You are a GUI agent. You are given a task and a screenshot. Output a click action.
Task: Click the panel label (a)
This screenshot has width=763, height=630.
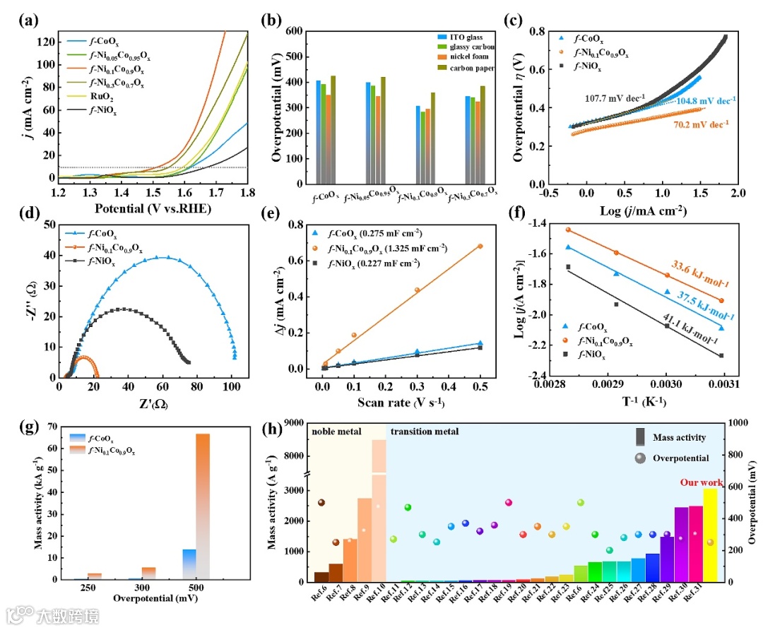[29, 19]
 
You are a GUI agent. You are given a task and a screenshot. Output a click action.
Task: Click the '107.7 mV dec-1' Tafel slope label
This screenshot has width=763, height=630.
[614, 98]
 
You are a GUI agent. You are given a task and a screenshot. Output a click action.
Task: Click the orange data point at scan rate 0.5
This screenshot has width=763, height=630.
[480, 246]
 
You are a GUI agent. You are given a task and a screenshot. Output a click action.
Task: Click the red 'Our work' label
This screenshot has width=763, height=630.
[702, 483]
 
